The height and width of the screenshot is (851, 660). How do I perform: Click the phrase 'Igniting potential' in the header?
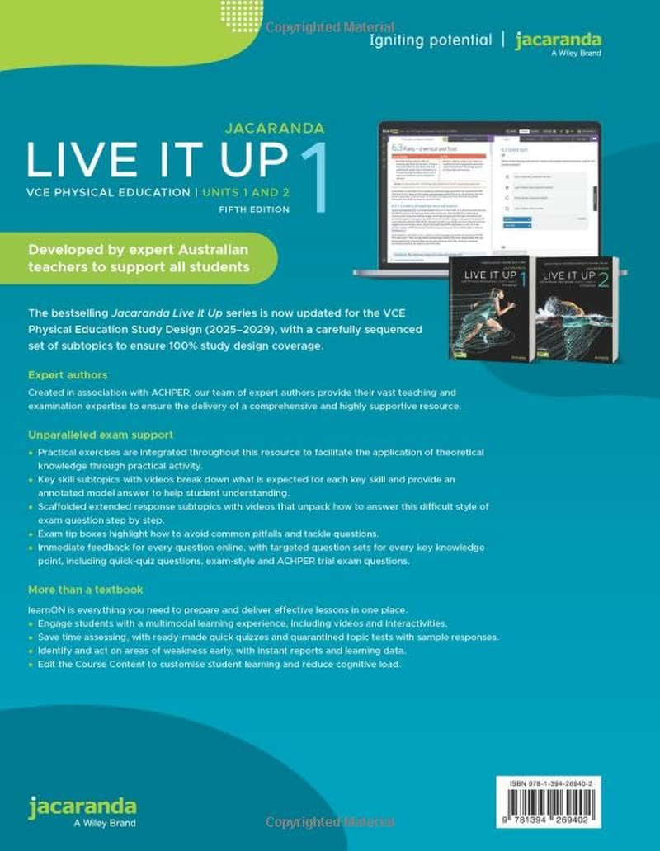(x=430, y=40)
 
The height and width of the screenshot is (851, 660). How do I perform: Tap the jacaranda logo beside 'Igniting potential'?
(x=558, y=40)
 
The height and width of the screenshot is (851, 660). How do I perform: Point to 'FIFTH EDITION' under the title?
(x=254, y=209)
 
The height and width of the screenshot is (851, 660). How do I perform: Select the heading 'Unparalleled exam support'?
(x=100, y=435)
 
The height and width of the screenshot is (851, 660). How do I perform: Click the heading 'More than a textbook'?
(x=85, y=590)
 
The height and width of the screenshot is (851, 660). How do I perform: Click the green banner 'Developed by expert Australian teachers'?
(x=139, y=257)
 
